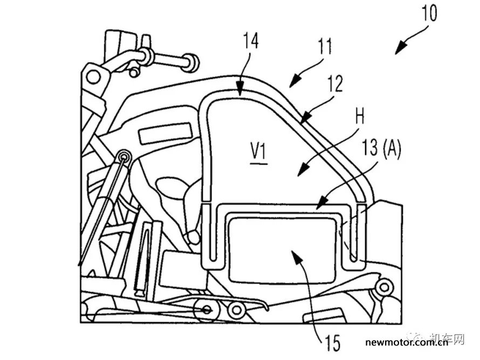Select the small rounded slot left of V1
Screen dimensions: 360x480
(x=166, y=133)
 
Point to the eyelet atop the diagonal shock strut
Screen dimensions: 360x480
(x=125, y=157)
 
